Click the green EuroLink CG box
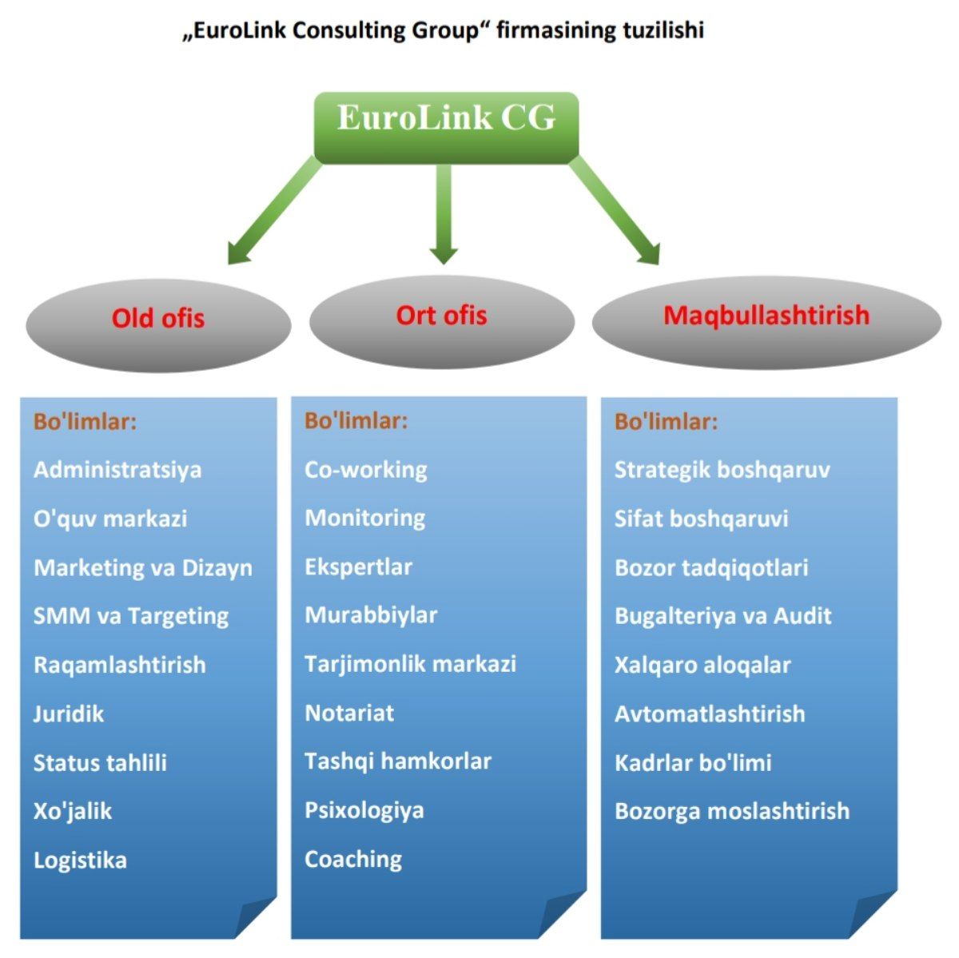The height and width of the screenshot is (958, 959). [446, 126]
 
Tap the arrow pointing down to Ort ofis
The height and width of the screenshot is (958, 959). [444, 212]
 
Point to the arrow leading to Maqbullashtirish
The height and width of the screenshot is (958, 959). [616, 211]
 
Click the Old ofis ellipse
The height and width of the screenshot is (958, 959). [158, 324]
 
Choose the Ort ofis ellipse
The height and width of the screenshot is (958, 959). [441, 320]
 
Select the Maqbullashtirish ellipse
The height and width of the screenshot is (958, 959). [766, 320]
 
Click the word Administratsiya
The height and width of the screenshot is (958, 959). [117, 470]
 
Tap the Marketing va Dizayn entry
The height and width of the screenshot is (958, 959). [143, 568]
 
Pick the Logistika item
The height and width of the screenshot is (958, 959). [80, 861]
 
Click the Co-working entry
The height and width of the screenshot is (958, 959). [366, 470]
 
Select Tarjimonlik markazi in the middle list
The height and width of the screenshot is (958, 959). [410, 664]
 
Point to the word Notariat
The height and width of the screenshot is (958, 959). [349, 713]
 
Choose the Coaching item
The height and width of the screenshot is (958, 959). [353, 860]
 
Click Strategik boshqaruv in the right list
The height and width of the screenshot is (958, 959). [722, 470]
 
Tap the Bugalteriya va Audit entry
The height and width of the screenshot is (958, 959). [722, 616]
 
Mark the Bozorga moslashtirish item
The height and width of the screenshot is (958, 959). [731, 811]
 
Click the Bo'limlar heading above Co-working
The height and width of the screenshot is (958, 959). [356, 421]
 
